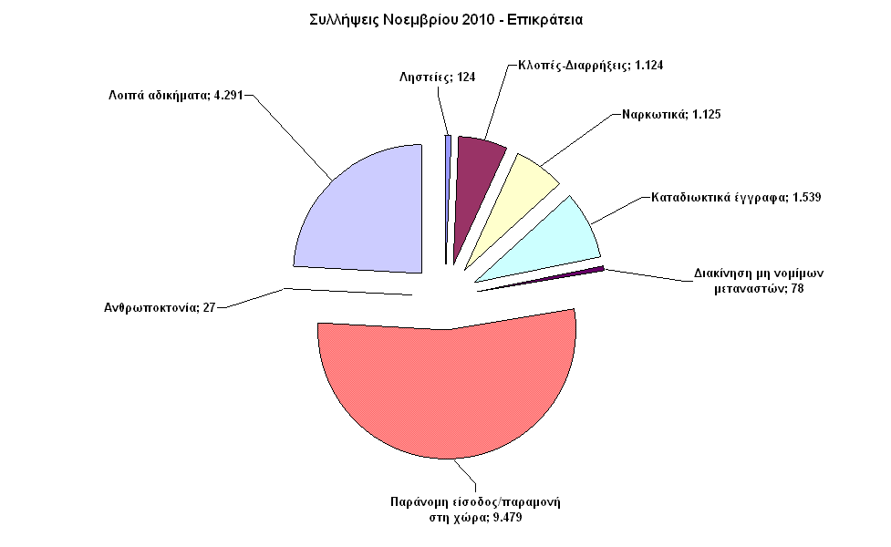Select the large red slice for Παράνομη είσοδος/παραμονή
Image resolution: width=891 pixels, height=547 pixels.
447,401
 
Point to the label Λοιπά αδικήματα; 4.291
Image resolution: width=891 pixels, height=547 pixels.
172,94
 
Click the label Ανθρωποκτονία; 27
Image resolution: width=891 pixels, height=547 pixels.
159,307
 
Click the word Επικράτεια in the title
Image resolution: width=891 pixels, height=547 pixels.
545,18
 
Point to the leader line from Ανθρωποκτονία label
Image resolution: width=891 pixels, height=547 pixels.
251,299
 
